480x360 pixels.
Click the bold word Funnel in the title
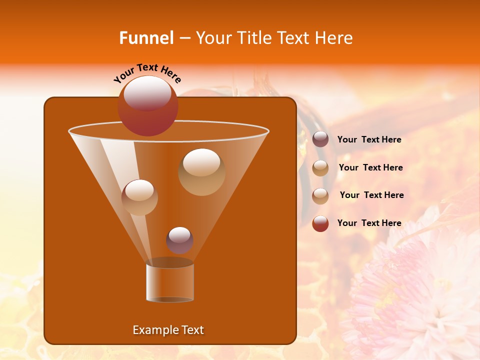point(146,38)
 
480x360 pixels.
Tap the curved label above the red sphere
point(147,73)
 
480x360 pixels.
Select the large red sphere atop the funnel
point(148,106)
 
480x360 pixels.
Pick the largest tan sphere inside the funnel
point(201,172)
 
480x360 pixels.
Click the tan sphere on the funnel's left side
point(139,197)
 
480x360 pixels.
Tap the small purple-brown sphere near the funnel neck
point(180,240)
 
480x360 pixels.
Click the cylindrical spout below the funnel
point(170,282)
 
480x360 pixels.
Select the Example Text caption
point(168,330)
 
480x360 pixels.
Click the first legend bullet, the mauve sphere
point(320,139)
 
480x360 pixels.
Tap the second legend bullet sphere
point(320,168)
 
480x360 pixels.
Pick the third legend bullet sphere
point(320,195)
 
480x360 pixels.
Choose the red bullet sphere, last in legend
point(320,223)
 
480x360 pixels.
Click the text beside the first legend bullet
point(369,140)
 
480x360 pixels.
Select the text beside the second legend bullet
point(370,168)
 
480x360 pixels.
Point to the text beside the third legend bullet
point(371,195)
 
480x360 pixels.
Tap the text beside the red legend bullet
point(369,223)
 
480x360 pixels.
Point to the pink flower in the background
point(415,295)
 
